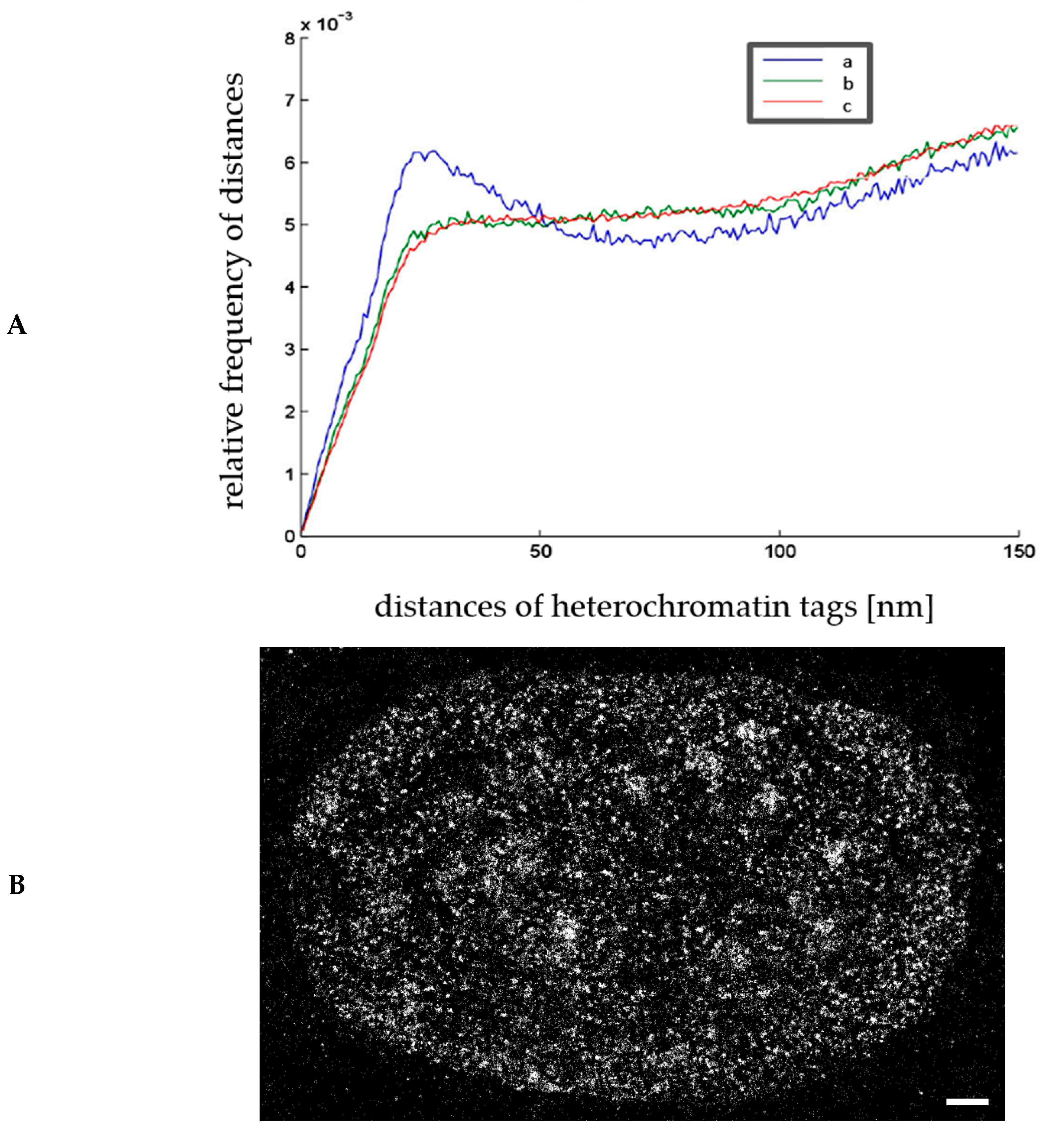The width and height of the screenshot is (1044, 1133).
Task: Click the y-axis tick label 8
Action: pyautogui.click(x=290, y=38)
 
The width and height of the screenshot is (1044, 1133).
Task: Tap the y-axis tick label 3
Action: pyautogui.click(x=290, y=349)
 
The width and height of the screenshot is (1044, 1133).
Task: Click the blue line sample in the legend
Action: pyautogui.click(x=792, y=60)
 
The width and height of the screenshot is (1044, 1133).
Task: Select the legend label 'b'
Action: pyautogui.click(x=848, y=84)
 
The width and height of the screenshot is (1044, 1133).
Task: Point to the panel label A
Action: pyautogui.click(x=17, y=325)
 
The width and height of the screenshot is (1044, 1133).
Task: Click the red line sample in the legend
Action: pyautogui.click(x=792, y=102)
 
